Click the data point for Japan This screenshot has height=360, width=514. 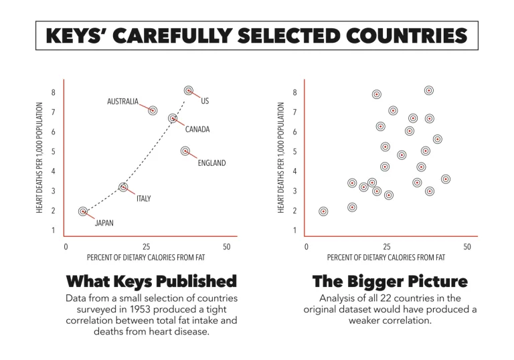83,211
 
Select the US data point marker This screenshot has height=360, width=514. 189,90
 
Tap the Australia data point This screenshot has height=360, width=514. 153,111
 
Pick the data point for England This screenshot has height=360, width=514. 185,151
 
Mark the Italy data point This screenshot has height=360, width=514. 123,187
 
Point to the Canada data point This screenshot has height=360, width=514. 173,118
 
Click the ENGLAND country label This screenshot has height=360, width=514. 211,163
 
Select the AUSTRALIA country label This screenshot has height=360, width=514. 122,102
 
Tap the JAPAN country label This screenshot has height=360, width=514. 104,223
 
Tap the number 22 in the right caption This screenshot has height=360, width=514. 394,298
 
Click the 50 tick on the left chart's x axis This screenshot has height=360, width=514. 226,247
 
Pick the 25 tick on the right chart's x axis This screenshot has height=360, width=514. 386,247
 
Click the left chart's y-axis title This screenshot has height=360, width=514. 41,159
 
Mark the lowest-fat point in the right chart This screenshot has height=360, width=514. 324,211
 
